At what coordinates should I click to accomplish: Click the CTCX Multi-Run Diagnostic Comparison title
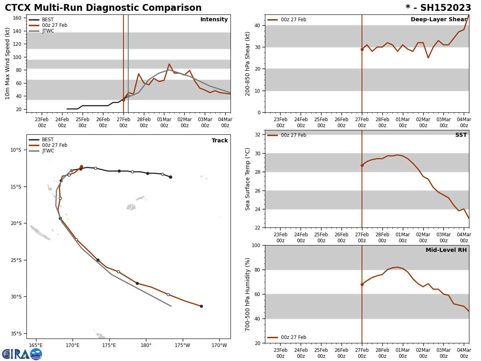tap(103, 8)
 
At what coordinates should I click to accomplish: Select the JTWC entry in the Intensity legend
tap(48, 31)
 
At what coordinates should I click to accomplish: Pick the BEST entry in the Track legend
tap(48, 140)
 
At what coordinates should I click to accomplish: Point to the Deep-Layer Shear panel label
tap(439, 20)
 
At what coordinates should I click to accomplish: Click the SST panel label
tap(461, 135)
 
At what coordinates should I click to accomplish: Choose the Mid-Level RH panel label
tap(446, 250)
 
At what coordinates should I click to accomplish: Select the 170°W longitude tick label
tap(219, 345)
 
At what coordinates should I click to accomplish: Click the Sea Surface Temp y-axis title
tap(248, 179)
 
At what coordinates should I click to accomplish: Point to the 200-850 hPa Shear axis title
tap(248, 64)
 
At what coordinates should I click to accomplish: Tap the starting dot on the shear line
tap(362, 49)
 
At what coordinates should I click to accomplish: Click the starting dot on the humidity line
tap(362, 284)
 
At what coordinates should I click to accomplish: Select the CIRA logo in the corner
tap(22, 354)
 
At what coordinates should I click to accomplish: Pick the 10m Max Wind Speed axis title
tap(8, 63)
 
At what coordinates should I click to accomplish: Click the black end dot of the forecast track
tap(201, 306)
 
